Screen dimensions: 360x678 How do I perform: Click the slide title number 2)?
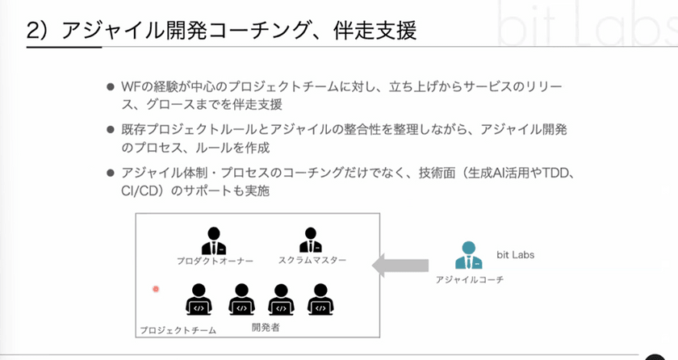pyautogui.click(x=40, y=31)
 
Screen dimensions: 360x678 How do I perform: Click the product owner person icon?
pyautogui.click(x=214, y=241)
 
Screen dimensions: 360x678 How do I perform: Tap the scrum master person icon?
pyautogui.click(x=311, y=241)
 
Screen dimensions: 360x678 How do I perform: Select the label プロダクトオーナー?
pyautogui.click(x=215, y=262)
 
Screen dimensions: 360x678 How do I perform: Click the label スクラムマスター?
pyautogui.click(x=312, y=261)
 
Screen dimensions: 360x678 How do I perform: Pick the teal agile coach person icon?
pyautogui.click(x=468, y=256)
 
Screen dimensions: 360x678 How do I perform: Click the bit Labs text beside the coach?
pyautogui.click(x=515, y=255)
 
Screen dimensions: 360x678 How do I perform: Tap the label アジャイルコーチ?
pyautogui.click(x=469, y=278)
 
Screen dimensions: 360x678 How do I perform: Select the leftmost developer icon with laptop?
pyautogui.click(x=199, y=299)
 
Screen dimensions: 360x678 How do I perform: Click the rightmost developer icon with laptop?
pyautogui.click(x=320, y=299)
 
